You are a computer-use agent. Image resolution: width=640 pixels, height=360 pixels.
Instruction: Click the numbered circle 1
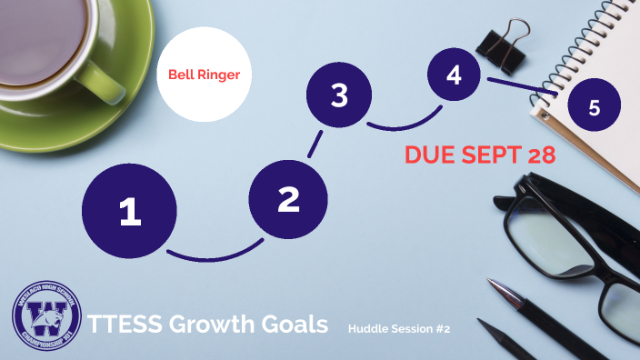(x=129, y=211)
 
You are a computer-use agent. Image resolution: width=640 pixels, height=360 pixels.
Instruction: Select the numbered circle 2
(x=288, y=199)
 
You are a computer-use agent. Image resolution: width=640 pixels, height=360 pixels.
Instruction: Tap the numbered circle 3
(x=339, y=95)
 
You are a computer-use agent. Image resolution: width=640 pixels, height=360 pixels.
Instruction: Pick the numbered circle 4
(x=454, y=76)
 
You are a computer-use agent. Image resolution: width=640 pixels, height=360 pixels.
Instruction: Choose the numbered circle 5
(x=594, y=107)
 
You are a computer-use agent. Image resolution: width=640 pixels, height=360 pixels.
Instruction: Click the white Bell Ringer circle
(x=205, y=75)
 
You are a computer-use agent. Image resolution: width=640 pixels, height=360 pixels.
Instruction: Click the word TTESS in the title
(x=119, y=324)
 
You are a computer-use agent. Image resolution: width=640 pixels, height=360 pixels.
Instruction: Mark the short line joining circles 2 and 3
(x=315, y=145)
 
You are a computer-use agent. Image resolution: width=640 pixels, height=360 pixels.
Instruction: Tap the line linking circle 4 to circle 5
(x=523, y=85)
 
